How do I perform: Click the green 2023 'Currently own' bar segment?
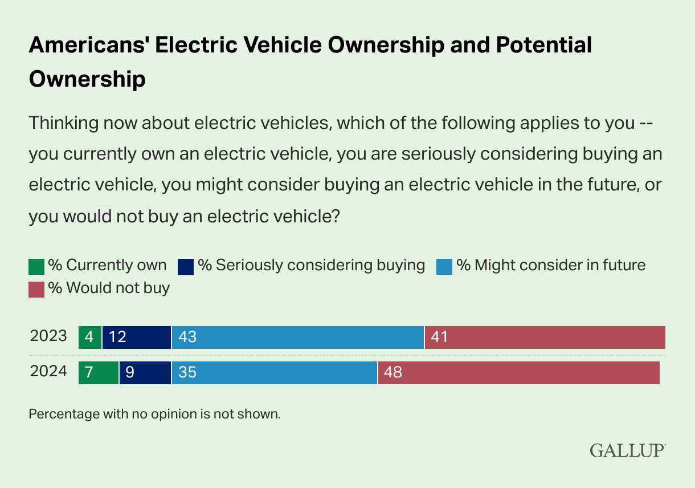click(90, 337)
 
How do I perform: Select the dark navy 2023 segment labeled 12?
click(137, 337)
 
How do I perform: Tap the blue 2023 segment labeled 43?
click(297, 337)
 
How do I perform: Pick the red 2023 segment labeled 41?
click(545, 337)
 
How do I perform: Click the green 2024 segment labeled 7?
click(99, 372)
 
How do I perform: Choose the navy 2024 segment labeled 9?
click(145, 372)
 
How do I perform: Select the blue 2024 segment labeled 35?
click(274, 372)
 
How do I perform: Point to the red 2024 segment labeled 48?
click(518, 372)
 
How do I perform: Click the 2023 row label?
click(48, 336)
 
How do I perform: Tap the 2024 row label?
click(48, 372)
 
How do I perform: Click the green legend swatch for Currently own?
click(36, 266)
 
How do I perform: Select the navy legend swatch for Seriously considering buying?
click(186, 266)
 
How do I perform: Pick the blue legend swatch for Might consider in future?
click(444, 266)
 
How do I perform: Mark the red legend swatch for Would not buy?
click(36, 289)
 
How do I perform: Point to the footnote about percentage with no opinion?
click(155, 414)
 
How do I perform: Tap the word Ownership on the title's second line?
click(87, 79)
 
